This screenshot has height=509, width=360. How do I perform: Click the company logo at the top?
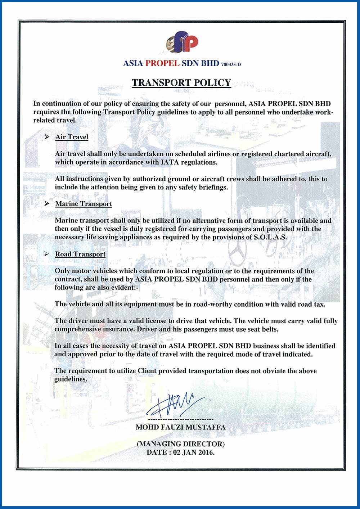[182, 42]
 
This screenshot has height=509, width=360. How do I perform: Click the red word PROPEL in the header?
[162, 63]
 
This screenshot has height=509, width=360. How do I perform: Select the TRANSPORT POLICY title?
[181, 83]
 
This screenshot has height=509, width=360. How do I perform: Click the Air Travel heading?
[72, 137]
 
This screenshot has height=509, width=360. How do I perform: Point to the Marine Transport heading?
[84, 204]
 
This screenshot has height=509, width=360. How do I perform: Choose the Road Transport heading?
[80, 254]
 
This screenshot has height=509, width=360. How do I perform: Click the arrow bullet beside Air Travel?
[47, 137]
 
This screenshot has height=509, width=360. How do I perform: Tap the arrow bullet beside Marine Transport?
[47, 204]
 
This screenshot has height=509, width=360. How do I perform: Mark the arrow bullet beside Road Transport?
[47, 254]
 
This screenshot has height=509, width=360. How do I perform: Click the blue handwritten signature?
[176, 405]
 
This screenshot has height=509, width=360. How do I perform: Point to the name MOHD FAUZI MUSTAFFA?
[181, 427]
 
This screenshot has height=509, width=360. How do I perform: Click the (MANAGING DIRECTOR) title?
[181, 444]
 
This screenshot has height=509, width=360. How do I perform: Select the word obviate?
[274, 371]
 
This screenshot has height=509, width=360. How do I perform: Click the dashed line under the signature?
[181, 420]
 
